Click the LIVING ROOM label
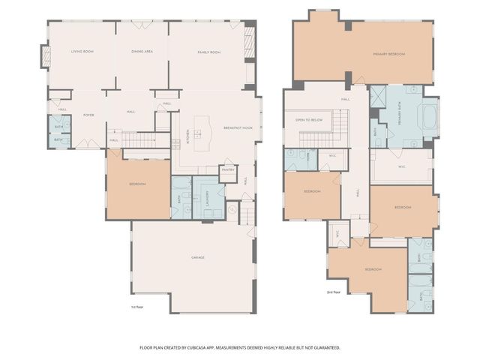[x=82, y=52]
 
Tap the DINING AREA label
[x=142, y=52]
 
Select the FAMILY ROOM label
[x=208, y=52]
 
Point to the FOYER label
[x=88, y=115]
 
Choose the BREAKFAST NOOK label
[x=238, y=128]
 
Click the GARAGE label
[x=198, y=257]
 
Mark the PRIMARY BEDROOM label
[x=389, y=54]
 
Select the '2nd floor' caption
[x=334, y=292]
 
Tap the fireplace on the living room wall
[x=44, y=56]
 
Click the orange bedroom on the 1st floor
[x=137, y=184]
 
